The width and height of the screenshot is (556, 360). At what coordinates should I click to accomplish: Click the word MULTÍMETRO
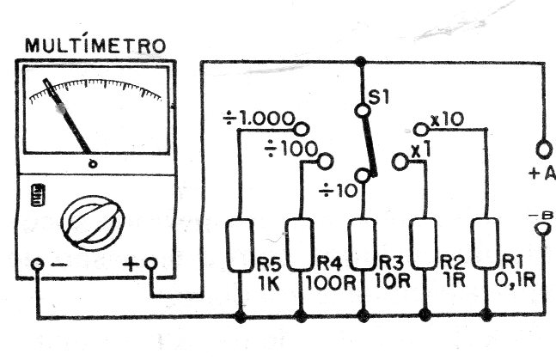point(95,45)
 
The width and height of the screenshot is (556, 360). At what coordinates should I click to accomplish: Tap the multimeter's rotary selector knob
point(93,223)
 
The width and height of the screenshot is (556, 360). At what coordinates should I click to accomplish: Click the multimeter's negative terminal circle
point(37,265)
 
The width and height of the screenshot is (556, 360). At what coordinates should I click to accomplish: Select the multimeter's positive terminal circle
point(151,264)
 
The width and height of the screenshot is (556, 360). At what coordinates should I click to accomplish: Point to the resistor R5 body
point(240,246)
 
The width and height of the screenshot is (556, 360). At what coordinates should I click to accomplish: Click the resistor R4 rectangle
point(300,245)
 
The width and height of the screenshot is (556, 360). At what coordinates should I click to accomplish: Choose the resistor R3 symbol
point(362,245)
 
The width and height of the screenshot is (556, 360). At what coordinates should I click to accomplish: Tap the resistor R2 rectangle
point(424,244)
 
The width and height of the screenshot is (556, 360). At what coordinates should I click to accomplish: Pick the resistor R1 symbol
point(485,243)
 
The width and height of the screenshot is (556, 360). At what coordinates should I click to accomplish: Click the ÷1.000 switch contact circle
point(302,129)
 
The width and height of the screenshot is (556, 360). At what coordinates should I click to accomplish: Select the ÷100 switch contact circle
point(325,162)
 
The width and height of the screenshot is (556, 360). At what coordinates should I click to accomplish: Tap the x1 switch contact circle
point(400,162)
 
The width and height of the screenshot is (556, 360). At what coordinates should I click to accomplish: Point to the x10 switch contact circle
point(421,129)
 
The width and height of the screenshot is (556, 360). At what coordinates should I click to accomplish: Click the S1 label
point(379,97)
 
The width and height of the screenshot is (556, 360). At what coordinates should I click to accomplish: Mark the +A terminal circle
point(544,149)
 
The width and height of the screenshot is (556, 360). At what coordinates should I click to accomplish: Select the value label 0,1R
point(515,281)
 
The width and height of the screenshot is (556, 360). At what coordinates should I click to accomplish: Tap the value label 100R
point(331,283)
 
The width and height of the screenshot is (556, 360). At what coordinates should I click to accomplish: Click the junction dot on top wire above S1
point(360,62)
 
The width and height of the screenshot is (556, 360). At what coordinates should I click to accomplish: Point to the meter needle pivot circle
point(93,164)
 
